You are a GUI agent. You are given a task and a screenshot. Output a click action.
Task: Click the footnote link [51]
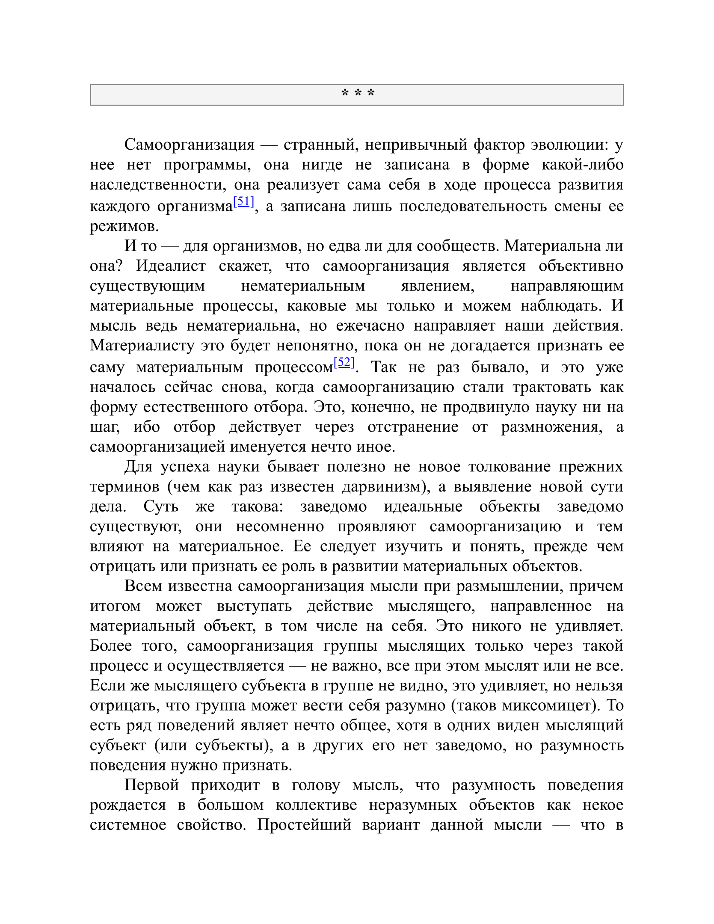tap(243, 201)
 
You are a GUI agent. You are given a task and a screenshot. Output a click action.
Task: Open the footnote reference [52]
tap(344, 362)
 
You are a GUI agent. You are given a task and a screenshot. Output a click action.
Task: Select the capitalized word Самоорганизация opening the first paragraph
tap(189, 145)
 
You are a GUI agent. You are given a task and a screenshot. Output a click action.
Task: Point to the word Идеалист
tap(171, 266)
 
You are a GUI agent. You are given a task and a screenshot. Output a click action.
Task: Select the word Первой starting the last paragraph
tap(151, 785)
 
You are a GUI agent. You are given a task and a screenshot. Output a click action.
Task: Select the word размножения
tap(551, 426)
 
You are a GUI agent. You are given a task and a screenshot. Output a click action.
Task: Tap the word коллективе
tap(316, 805)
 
